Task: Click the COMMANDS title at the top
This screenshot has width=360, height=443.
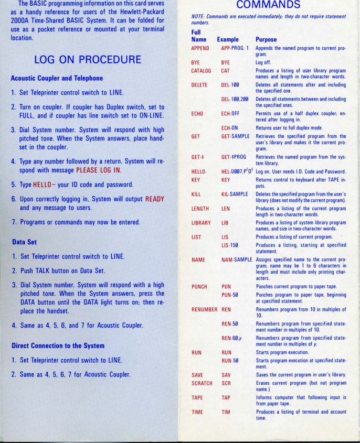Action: (x=268, y=5)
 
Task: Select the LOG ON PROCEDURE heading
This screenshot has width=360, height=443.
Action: (x=88, y=59)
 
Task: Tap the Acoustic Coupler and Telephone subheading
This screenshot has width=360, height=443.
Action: (x=57, y=78)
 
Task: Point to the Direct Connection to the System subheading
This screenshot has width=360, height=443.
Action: (x=58, y=346)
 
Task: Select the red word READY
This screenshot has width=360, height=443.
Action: (x=155, y=199)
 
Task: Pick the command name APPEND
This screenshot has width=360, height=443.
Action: (x=200, y=48)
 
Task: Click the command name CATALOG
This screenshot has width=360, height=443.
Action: (x=201, y=71)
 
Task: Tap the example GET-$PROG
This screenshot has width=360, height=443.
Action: (x=234, y=157)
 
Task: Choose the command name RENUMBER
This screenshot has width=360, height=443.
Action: (x=204, y=310)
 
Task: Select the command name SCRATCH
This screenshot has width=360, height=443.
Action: (x=202, y=383)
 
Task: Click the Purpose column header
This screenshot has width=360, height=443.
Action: (x=266, y=39)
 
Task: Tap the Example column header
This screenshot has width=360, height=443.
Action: (x=228, y=39)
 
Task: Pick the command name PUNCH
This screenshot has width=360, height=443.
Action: (x=199, y=287)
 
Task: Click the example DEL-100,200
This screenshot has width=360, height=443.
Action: (x=234, y=99)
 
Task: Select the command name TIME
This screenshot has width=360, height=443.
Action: (x=197, y=413)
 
